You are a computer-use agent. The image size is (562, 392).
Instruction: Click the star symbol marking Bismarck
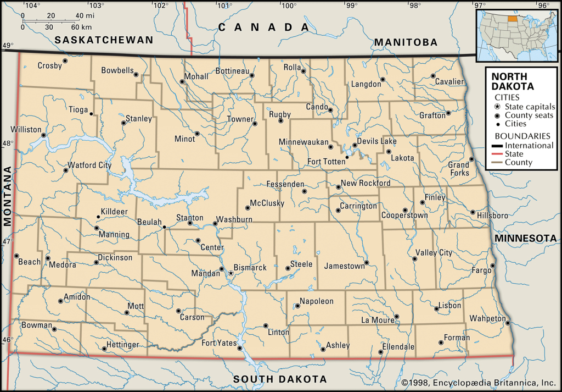point(231,273)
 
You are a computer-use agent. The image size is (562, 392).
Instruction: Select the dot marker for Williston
point(43,135)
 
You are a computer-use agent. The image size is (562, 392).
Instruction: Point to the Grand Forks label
point(459,169)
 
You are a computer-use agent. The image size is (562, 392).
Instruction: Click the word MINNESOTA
point(526,238)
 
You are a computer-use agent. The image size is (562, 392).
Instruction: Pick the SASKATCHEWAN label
point(104,40)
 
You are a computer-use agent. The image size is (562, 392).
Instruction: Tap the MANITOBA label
point(406,42)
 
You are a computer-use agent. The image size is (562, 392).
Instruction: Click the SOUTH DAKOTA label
point(280,379)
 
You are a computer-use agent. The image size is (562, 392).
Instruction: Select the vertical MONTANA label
point(8,196)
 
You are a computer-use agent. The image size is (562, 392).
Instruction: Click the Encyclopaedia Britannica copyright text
point(479,383)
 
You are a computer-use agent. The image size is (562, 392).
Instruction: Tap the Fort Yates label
point(218,343)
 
